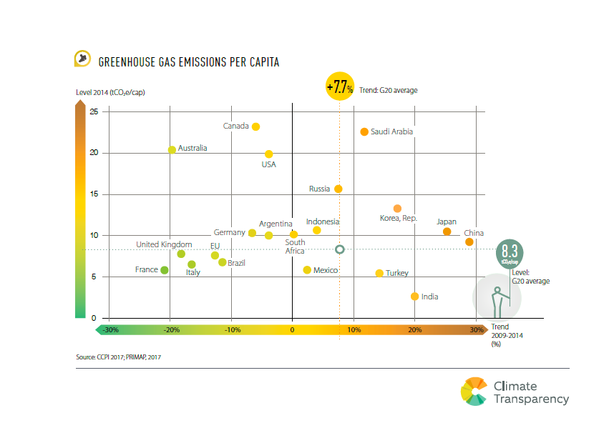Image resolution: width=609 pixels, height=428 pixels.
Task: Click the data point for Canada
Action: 255,126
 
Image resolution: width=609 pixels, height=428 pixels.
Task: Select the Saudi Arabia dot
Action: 364,131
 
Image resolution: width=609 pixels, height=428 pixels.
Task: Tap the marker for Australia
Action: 172,149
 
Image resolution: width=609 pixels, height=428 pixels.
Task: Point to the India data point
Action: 414,296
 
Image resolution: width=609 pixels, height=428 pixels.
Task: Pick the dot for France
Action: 165,270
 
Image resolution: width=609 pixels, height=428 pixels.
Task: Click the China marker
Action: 469,242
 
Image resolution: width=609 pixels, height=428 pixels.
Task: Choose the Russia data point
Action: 338,189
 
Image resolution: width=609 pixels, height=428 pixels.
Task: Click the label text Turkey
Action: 396,274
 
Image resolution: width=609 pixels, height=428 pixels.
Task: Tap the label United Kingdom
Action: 164,244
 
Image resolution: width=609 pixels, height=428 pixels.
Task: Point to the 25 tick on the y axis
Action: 94,111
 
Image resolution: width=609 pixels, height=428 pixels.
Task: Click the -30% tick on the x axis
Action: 110,330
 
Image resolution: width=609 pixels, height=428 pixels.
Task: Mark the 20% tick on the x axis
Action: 414,330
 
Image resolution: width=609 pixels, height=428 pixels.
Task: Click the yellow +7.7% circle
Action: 340,88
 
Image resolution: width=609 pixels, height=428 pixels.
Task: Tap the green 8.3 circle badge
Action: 510,252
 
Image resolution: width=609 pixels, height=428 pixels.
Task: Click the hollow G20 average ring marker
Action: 340,249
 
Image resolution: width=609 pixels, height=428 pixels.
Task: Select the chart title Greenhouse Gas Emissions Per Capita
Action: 188,62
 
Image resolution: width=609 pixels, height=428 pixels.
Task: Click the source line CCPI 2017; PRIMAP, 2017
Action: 123,355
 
